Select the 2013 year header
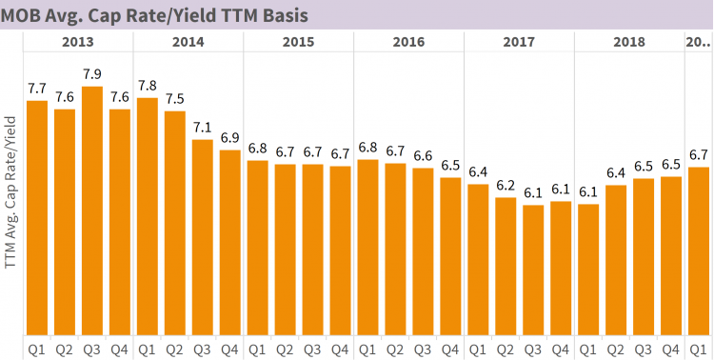click(78, 42)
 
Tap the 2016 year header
click(408, 42)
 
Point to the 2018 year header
click(629, 42)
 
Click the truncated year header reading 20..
click(698, 42)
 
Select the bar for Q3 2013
click(92, 210)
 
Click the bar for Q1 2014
click(148, 215)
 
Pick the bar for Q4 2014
click(230, 242)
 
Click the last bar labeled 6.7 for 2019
click(698, 250)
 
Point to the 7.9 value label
click(92, 74)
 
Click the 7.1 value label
click(203, 128)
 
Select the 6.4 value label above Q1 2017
click(478, 172)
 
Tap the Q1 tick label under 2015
click(257, 349)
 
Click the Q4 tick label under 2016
click(450, 349)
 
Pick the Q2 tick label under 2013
click(65, 349)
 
